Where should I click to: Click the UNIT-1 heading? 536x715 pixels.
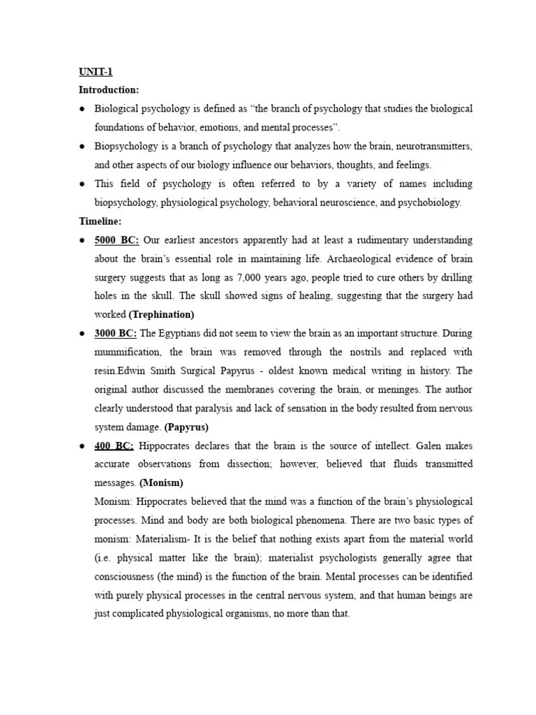[x=95, y=71]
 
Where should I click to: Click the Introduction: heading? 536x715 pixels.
[x=109, y=90]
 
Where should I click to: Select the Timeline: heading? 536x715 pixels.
[x=100, y=221]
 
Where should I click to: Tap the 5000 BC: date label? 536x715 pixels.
[x=117, y=240]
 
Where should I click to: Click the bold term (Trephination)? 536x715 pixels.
[x=161, y=315]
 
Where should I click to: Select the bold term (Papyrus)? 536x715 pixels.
[x=186, y=427]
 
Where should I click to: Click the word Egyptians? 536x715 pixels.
[x=177, y=334]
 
